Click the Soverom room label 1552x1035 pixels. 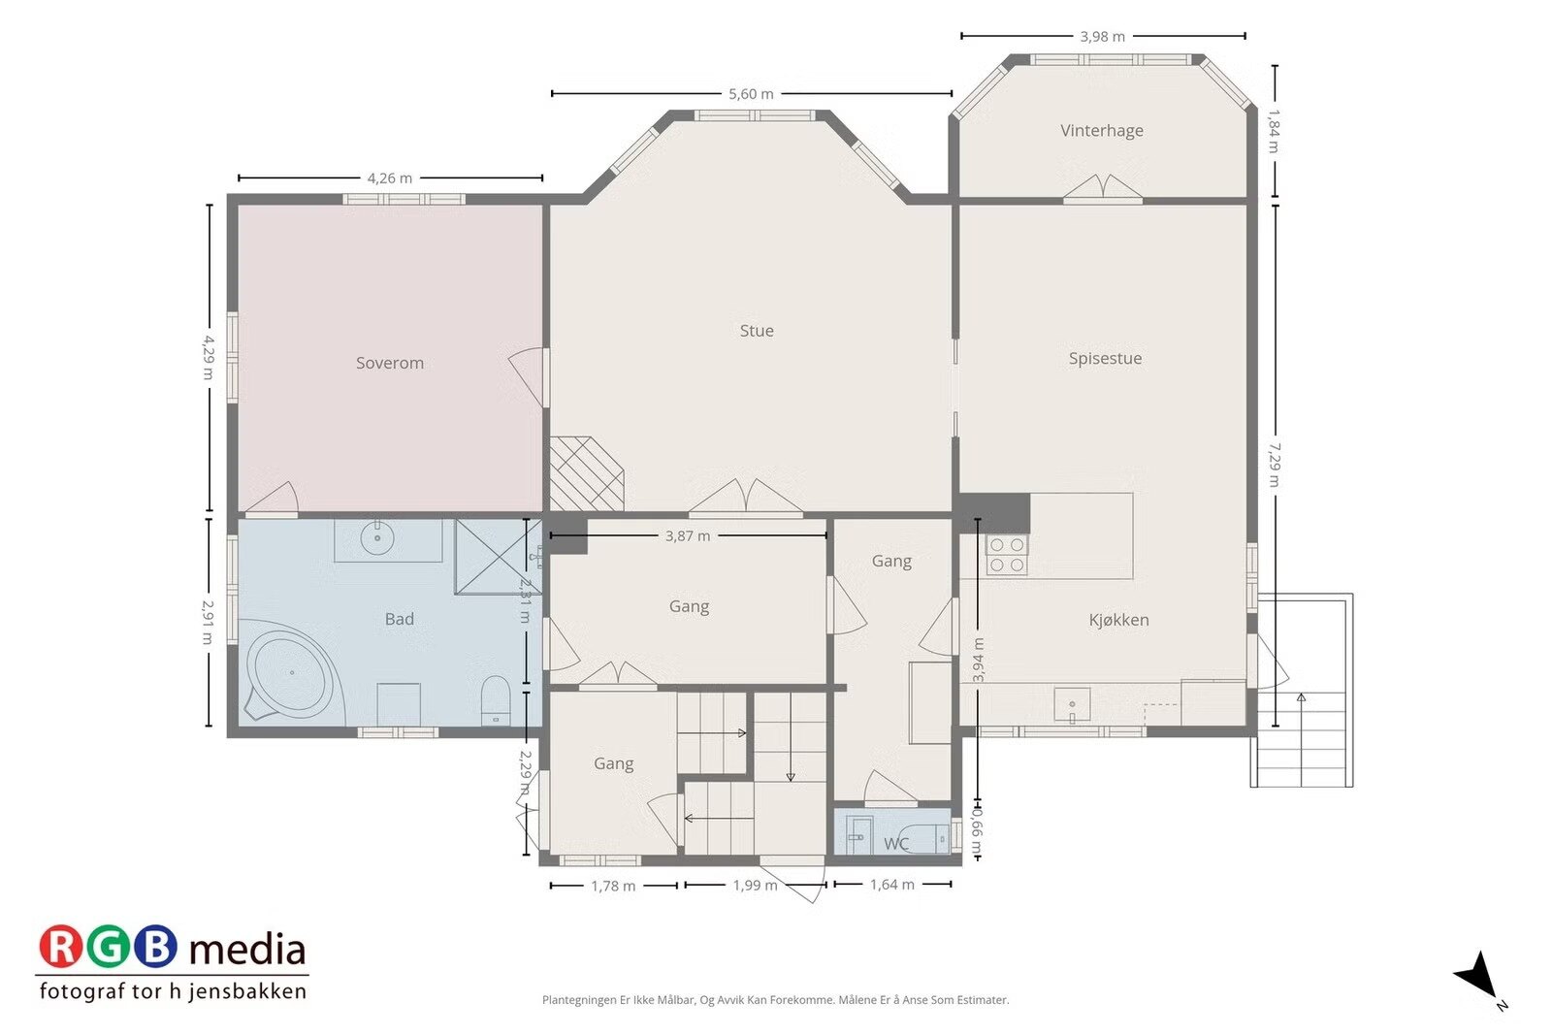(389, 363)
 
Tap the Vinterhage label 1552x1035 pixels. (1102, 130)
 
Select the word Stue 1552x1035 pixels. (757, 331)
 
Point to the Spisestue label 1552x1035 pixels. (1105, 358)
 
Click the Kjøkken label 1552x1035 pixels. (1119, 619)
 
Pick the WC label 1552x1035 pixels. (896, 844)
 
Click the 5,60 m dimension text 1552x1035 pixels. (751, 94)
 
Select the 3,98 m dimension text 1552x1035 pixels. (1102, 37)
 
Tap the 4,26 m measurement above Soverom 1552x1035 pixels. (389, 178)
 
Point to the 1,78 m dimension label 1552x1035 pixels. (613, 886)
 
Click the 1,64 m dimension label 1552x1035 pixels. (892, 885)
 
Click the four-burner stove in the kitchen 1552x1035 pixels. (1007, 555)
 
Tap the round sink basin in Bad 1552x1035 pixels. (377, 537)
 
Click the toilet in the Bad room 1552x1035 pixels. (496, 699)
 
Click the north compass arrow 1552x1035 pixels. (1479, 976)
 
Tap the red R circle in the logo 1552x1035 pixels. (61, 947)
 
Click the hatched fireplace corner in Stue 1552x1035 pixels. (586, 474)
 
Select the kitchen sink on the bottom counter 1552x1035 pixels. (1072, 704)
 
